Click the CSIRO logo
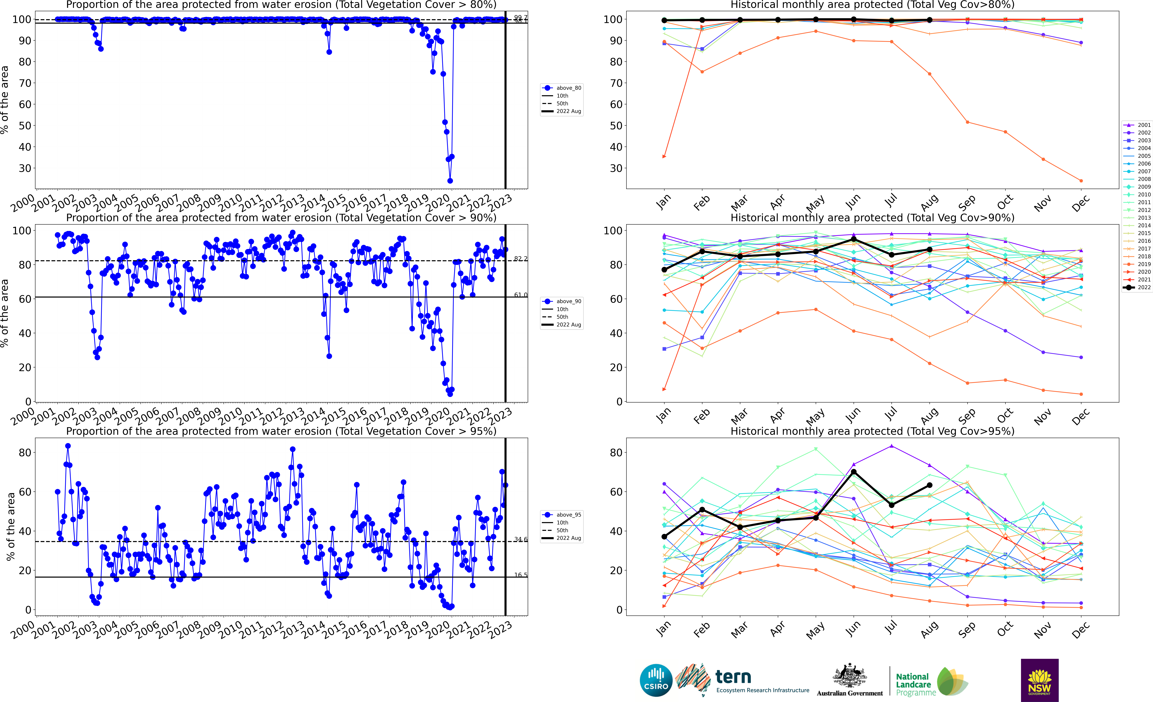tap(656, 680)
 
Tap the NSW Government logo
tap(1039, 680)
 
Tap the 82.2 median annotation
tap(520, 258)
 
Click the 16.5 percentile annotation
tap(520, 575)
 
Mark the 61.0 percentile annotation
tap(520, 295)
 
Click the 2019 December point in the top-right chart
tap(1081, 181)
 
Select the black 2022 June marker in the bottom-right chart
tap(853, 472)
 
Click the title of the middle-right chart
tap(872, 218)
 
